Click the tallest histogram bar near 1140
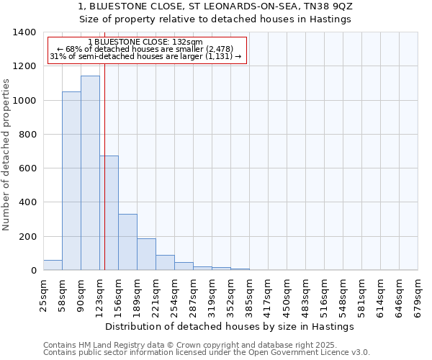(90, 173)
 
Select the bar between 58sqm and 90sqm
(71, 181)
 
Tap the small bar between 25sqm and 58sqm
(53, 265)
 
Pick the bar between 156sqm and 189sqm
(127, 242)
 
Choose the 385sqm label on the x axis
(250, 295)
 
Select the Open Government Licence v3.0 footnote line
(206, 353)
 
